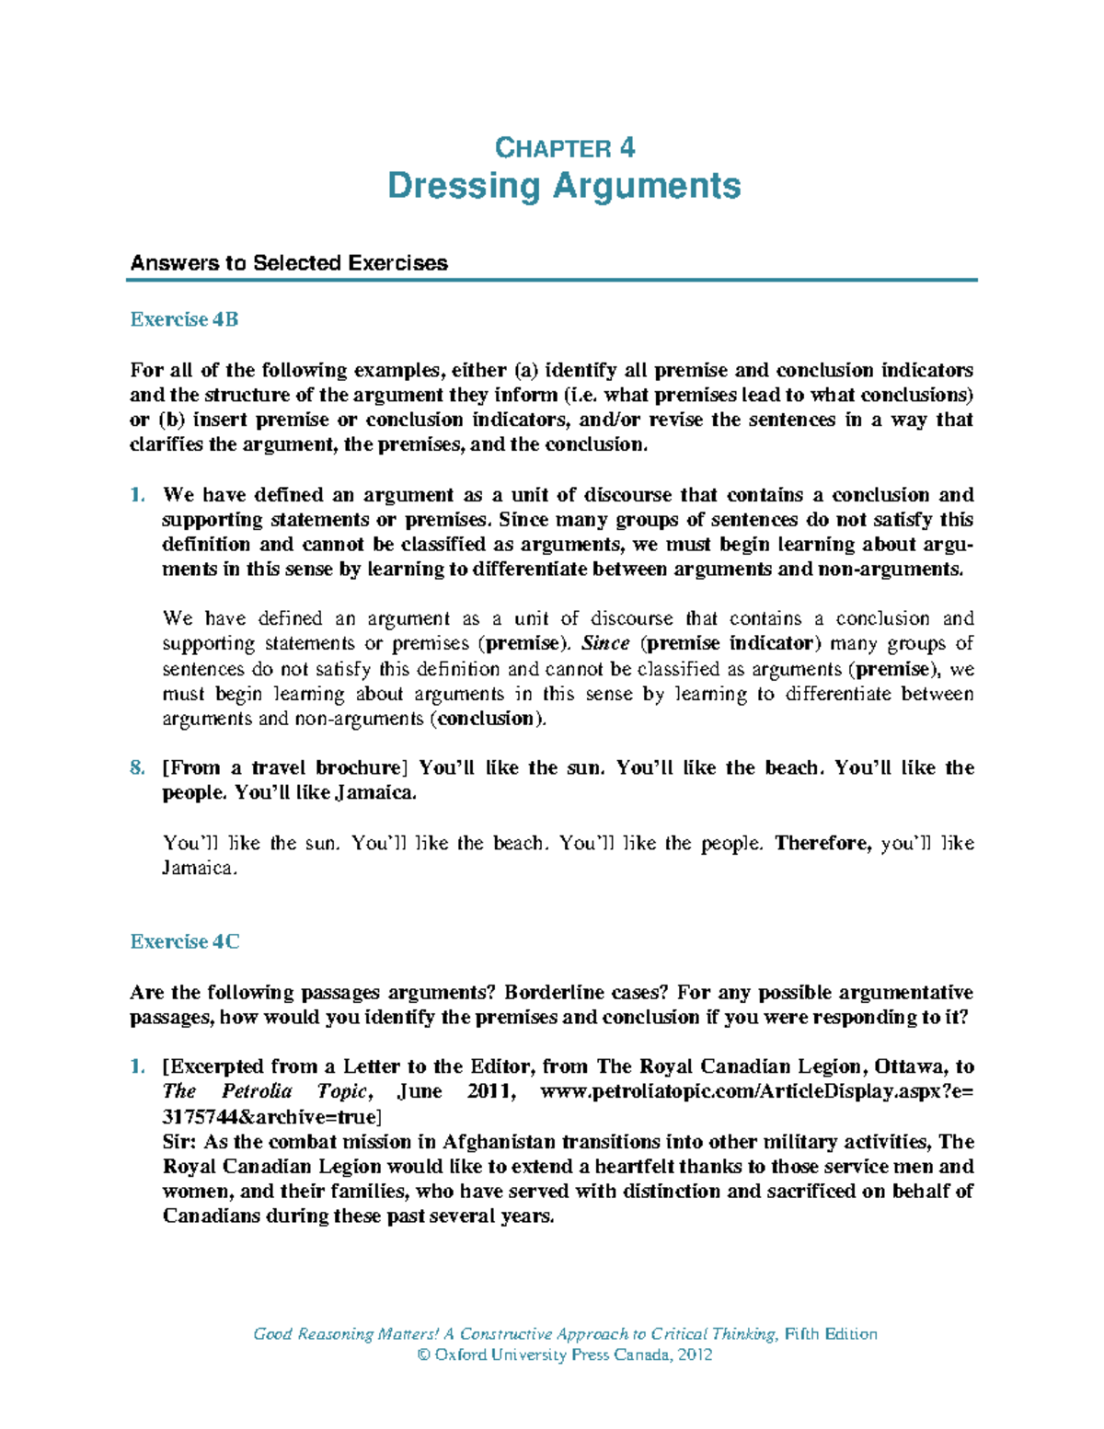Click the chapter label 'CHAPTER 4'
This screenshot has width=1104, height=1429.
[x=564, y=148]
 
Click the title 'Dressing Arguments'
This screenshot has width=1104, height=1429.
[x=564, y=186]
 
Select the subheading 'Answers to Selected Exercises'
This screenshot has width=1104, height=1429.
[x=289, y=263]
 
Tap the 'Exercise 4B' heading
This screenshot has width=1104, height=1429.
[x=184, y=319]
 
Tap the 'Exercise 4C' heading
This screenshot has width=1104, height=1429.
[x=185, y=941]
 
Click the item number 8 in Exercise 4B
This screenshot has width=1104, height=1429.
[x=137, y=768]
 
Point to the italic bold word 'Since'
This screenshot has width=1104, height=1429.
[x=605, y=644]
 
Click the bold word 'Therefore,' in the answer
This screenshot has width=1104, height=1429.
[x=823, y=844]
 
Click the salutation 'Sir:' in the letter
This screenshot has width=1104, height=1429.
[x=179, y=1142]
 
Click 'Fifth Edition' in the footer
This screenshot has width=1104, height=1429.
[x=831, y=1334]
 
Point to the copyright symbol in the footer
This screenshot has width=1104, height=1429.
[x=424, y=1355]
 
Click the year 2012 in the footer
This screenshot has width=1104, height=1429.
[x=695, y=1355]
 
